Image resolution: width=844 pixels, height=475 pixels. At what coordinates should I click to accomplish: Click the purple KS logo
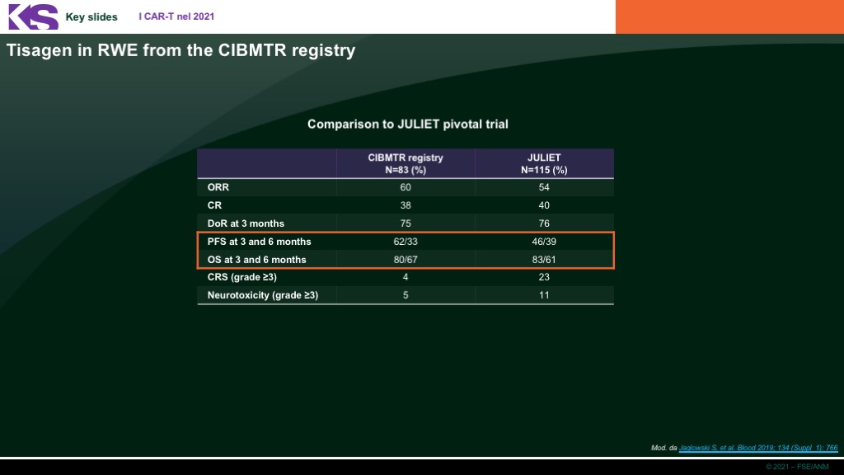pos(33,16)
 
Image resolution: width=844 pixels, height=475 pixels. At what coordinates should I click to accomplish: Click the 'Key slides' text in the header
pos(91,16)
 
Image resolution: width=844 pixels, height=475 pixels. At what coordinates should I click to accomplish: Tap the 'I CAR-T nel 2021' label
pos(176,16)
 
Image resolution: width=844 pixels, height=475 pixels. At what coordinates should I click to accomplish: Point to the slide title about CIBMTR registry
pos(181,50)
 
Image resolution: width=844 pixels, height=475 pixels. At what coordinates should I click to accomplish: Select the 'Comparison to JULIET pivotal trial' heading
pos(407,124)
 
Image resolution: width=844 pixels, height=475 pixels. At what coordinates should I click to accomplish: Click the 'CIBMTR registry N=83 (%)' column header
pos(406,164)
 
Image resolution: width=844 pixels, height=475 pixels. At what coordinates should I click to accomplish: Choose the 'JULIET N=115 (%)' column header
pos(544,164)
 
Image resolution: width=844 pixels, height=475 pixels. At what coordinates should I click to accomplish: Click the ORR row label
pos(218,187)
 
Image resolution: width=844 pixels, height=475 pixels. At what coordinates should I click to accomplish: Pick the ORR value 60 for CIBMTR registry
pos(406,187)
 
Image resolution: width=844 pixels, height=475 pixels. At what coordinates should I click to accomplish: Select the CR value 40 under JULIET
pos(544,205)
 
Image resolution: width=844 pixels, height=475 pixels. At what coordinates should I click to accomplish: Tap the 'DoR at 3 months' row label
pos(246,223)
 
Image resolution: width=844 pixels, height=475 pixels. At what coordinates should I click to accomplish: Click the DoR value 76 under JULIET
pos(544,223)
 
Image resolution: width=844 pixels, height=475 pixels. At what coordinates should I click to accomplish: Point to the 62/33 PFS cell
pos(406,242)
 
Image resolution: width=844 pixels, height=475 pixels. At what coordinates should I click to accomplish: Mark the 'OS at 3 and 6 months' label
pos(257,260)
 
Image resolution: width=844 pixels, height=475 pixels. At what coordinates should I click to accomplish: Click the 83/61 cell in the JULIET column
pos(544,260)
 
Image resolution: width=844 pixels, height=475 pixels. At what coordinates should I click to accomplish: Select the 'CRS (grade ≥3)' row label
pos(242,277)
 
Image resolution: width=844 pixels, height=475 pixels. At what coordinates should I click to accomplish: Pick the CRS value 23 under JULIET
pos(544,277)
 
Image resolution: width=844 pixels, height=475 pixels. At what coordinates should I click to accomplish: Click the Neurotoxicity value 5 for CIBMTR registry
pos(406,295)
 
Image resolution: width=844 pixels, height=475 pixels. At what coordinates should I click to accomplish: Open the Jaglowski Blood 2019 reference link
pos(758,448)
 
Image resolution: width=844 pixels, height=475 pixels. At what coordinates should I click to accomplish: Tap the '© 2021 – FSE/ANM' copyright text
pos(797,467)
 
